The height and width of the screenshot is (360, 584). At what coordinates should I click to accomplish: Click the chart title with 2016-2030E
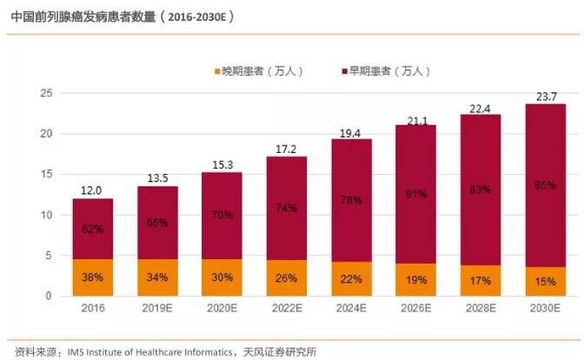[x=122, y=16]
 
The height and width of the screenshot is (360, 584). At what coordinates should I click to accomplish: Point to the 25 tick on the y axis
[x=47, y=93]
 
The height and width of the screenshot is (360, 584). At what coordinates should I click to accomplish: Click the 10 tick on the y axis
[x=47, y=215]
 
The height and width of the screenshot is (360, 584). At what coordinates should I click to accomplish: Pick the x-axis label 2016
[x=92, y=309]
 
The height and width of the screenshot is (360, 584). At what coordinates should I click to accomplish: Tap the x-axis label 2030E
[x=545, y=309]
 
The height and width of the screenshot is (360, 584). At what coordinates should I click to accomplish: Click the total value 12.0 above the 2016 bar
[x=92, y=190]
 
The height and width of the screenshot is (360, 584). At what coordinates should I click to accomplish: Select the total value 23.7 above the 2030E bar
[x=545, y=96]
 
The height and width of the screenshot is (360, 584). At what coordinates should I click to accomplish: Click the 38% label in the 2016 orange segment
[x=92, y=277]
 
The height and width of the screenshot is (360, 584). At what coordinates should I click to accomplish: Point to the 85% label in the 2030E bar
[x=545, y=184]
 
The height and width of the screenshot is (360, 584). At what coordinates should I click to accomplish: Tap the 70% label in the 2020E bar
[x=222, y=214]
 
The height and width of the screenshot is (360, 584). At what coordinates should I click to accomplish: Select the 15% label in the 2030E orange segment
[x=545, y=281]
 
